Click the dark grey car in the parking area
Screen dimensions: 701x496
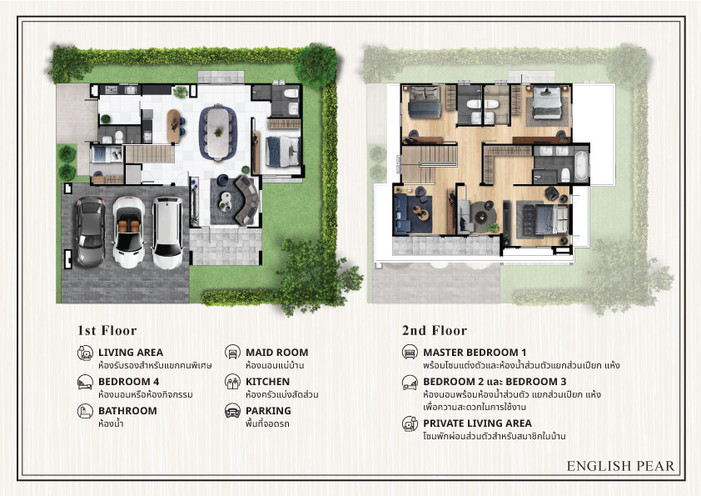(91, 231)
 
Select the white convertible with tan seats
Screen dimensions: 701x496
(129, 232)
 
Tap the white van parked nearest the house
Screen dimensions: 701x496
(167, 232)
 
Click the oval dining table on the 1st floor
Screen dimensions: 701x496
(218, 132)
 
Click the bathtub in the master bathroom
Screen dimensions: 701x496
(581, 166)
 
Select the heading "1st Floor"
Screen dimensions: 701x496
(107, 330)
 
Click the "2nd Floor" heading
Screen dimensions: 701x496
(434, 330)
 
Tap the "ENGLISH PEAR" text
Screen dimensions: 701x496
(620, 466)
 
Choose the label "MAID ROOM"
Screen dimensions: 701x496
(276, 353)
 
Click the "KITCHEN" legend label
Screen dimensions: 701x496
(267, 382)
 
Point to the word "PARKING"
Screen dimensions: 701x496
(268, 410)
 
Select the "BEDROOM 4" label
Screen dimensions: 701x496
(129, 382)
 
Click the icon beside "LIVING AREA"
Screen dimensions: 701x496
(85, 353)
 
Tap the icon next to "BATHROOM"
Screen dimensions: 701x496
(85, 411)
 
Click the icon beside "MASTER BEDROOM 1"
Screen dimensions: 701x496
(410, 353)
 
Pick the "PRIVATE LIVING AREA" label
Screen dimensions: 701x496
(478, 423)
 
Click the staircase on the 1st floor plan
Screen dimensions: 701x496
(150, 153)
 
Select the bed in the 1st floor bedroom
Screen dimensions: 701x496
(282, 152)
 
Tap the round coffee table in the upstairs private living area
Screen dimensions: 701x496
(481, 218)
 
